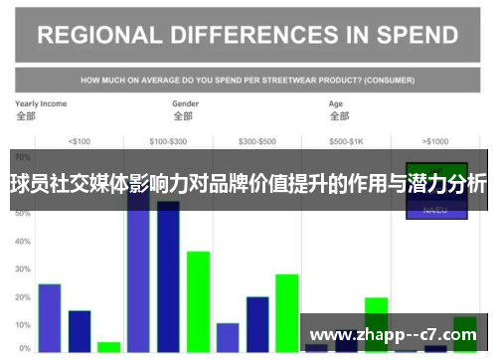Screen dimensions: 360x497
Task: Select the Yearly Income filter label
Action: point(41,103)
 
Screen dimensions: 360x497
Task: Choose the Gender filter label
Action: point(185,103)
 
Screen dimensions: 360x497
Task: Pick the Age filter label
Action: point(336,103)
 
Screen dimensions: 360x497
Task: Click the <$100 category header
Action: point(79,140)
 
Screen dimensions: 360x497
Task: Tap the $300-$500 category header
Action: point(257,140)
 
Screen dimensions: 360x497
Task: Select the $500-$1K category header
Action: point(347,140)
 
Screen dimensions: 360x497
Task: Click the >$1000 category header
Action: point(434,140)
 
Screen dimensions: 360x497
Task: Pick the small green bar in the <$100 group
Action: point(109,347)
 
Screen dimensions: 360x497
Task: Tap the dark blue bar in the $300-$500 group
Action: point(257,324)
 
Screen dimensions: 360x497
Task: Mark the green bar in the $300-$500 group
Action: point(287,312)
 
